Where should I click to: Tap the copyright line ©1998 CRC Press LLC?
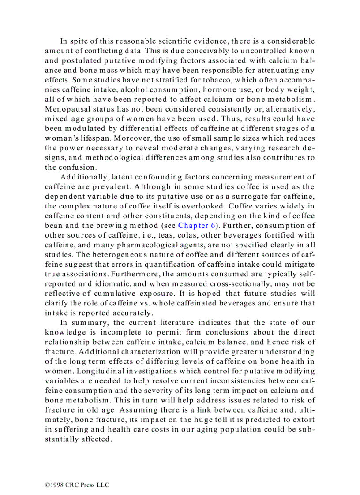pos(77,485)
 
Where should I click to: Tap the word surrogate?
pos(250,196)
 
